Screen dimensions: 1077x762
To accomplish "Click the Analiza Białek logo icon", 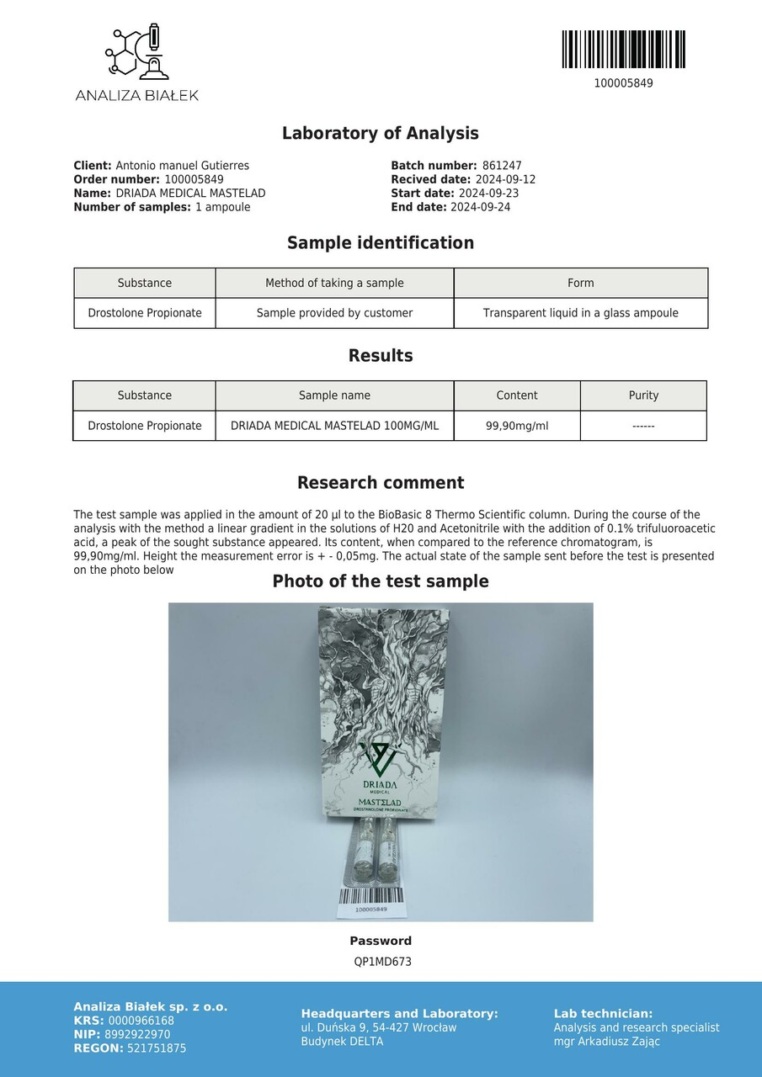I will click(136, 53).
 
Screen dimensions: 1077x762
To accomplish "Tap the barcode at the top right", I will click(623, 50).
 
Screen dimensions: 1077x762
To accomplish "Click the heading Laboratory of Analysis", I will click(381, 133).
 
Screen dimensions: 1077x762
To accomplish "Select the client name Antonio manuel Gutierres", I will click(182, 166).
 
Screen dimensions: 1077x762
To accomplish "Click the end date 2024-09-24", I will click(480, 207).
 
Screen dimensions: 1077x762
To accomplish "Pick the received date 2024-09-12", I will click(505, 179).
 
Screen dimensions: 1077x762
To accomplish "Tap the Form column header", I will click(580, 283).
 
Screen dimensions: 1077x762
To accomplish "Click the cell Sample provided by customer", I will click(334, 313).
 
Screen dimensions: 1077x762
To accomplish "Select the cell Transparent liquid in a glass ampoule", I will click(580, 313).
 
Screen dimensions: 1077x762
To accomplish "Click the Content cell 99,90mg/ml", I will click(517, 426).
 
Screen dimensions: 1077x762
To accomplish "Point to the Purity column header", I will click(643, 395).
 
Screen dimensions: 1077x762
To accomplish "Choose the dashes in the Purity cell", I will click(643, 426).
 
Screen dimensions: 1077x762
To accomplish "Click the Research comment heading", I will click(381, 483).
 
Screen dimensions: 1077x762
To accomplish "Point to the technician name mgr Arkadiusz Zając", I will click(606, 1042).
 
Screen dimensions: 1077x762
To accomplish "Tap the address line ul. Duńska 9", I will click(379, 1027).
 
